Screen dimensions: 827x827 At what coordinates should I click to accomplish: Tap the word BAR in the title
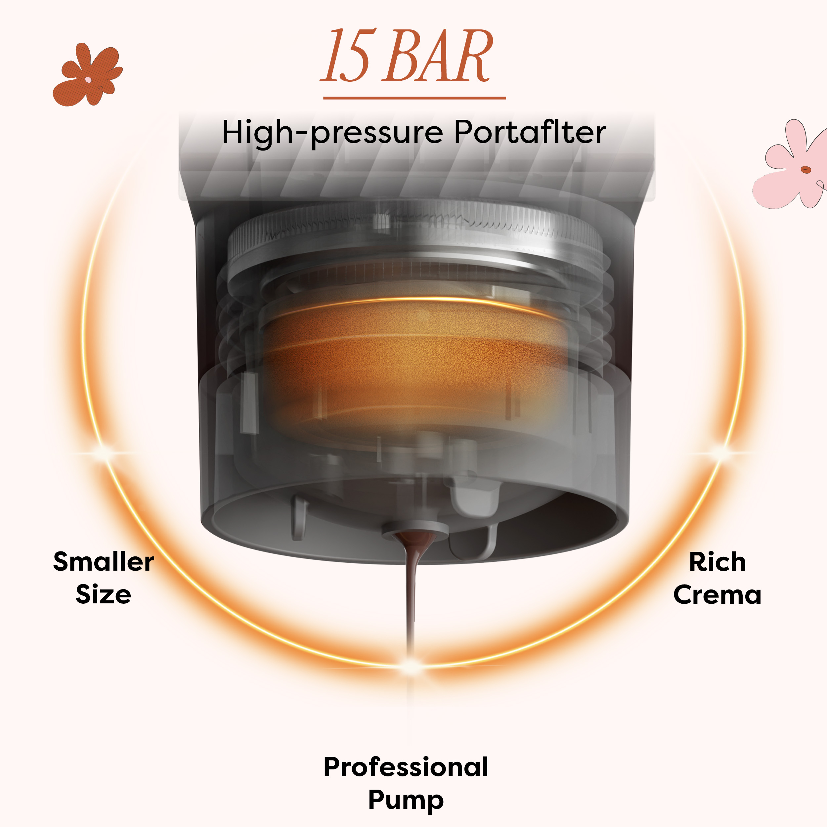coord(437,56)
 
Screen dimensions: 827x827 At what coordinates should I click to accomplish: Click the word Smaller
coord(104,562)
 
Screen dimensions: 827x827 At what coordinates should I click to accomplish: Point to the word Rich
coord(718,562)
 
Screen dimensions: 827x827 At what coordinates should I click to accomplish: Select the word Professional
coord(406,767)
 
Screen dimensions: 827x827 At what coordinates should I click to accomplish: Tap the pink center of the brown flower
coord(88,80)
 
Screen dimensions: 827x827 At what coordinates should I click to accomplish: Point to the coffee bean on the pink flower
coord(805,170)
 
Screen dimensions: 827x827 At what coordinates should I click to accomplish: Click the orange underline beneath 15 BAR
coord(414,98)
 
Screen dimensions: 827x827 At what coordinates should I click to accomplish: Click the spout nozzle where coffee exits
coord(414,531)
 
